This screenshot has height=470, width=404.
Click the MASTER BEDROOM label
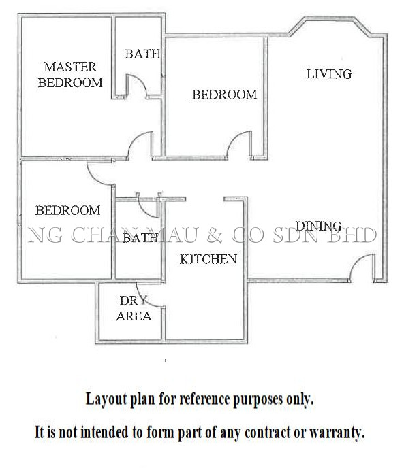[x=70, y=75]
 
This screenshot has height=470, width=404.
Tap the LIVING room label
[x=328, y=74]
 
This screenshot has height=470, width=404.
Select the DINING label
[x=318, y=226]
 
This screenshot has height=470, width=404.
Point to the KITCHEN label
[x=208, y=259]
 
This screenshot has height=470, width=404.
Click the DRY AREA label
[x=134, y=308]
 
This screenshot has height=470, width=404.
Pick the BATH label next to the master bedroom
[x=142, y=54]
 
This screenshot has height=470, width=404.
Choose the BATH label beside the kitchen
[x=140, y=238]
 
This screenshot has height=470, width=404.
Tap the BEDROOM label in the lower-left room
[x=68, y=210]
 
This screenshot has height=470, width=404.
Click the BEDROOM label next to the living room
[x=225, y=95]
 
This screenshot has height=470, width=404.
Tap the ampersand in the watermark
[x=215, y=235]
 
